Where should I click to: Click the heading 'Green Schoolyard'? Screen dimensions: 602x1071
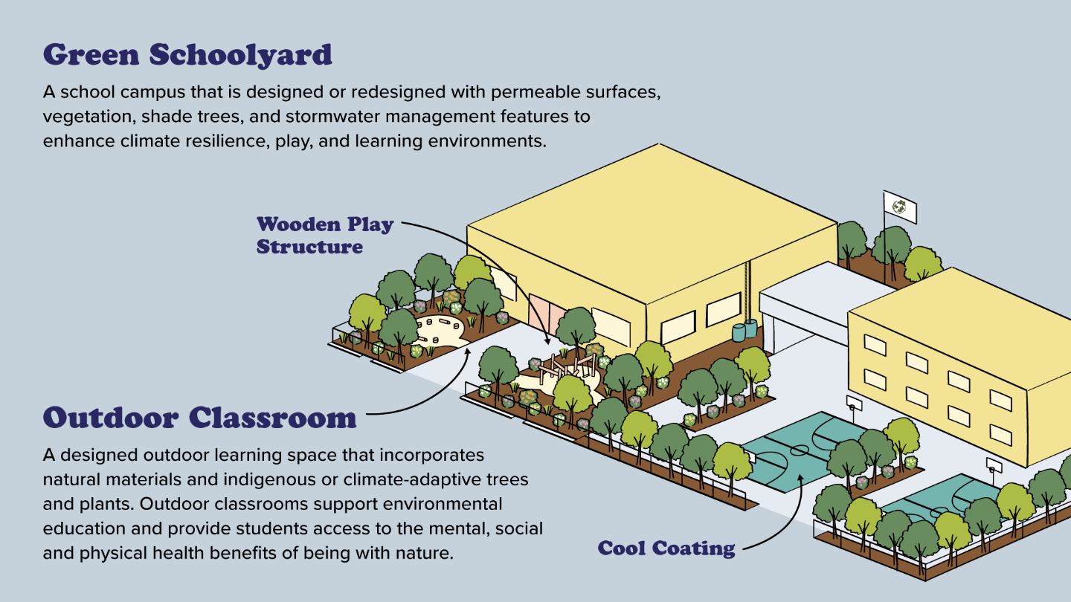(x=187, y=55)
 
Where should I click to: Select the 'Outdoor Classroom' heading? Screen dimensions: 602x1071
(x=199, y=417)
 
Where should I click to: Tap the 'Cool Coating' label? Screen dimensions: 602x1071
(x=666, y=549)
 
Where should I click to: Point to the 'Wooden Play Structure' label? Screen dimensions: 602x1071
(x=324, y=235)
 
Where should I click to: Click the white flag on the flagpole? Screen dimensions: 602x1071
(x=900, y=207)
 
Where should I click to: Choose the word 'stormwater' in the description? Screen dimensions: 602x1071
(x=388, y=117)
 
